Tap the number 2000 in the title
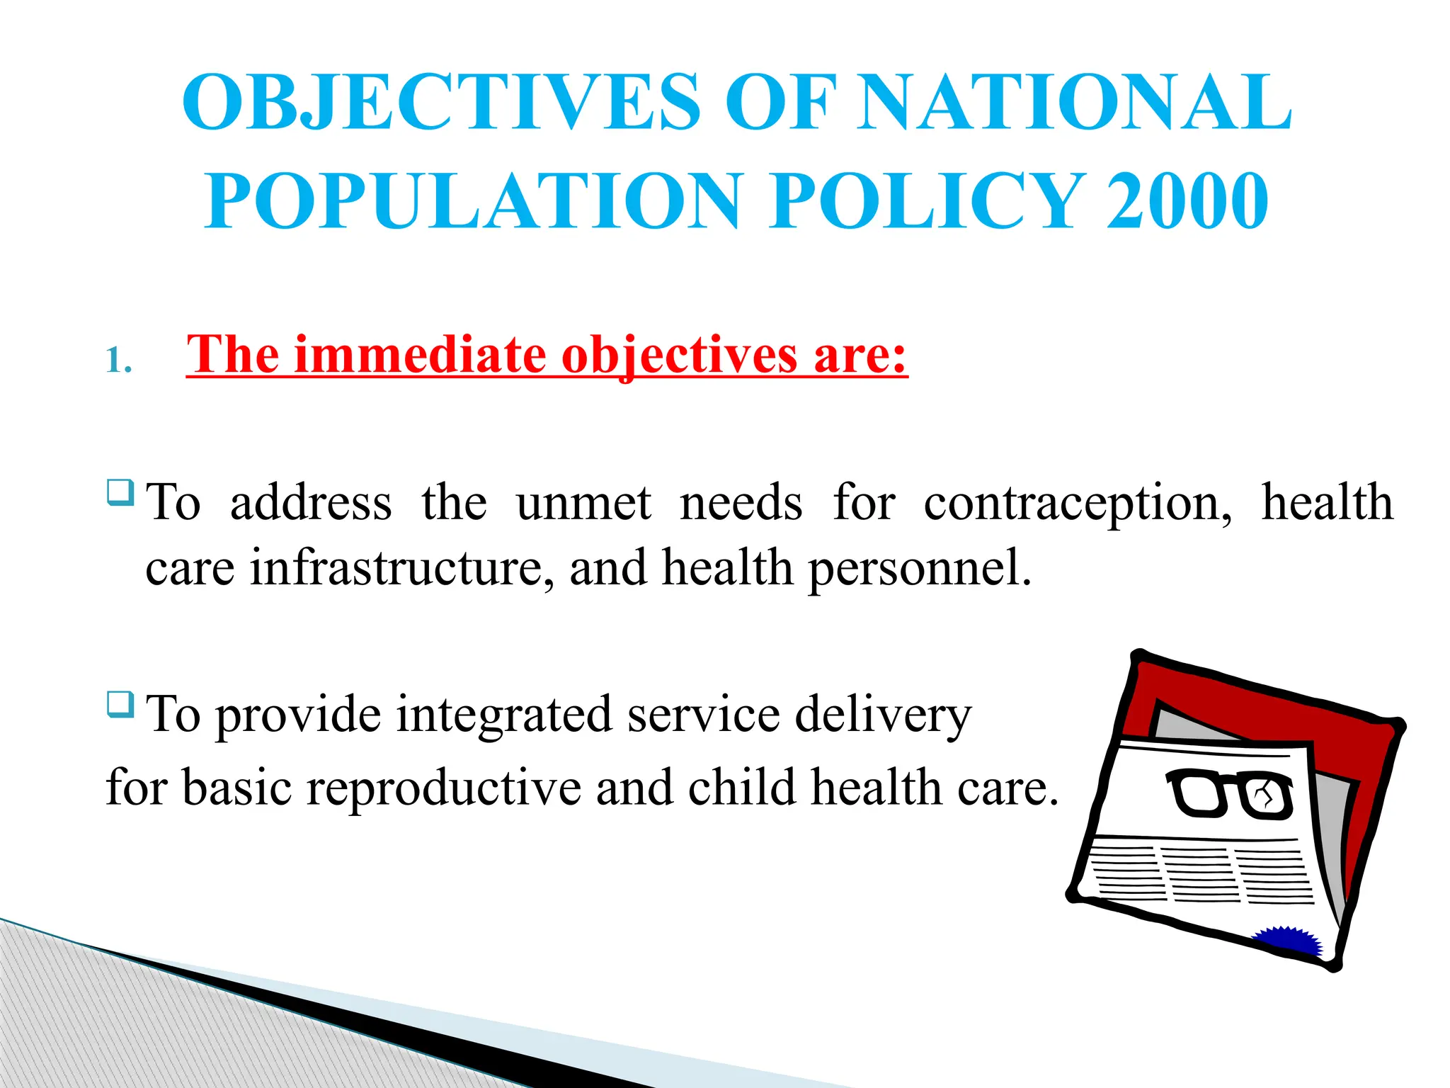pos(1187,201)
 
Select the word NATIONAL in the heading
pos(1074,103)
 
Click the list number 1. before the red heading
pos(118,361)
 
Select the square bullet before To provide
pos(120,704)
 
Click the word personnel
pos(920,568)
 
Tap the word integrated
pos(503,714)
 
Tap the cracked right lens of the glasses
pos(1267,798)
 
